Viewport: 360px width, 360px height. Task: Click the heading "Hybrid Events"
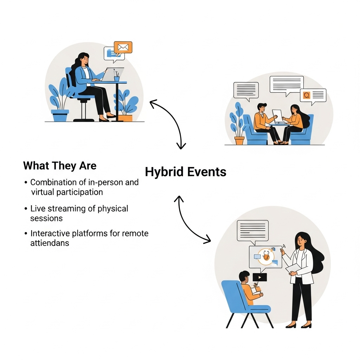pyautogui.click(x=186, y=172)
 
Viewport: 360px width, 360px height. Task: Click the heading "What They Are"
pyautogui.click(x=60, y=166)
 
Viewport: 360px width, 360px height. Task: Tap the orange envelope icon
pyautogui.click(x=123, y=47)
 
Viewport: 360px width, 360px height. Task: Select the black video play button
pyautogui.click(x=259, y=277)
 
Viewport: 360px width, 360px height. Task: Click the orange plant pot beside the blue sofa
pyautogui.click(x=239, y=140)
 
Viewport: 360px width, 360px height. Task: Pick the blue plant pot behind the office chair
pyautogui.click(x=60, y=115)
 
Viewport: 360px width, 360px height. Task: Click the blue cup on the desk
pyautogui.click(x=117, y=78)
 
